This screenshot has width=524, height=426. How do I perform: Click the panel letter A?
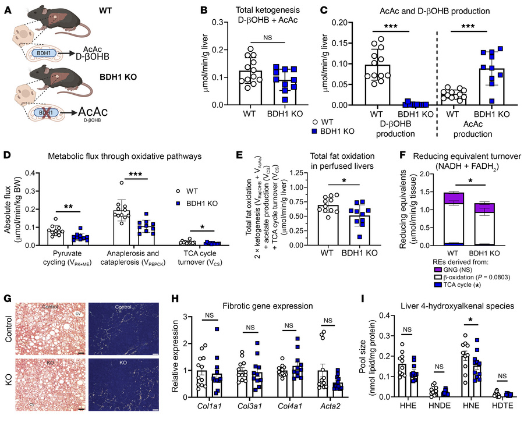6,8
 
